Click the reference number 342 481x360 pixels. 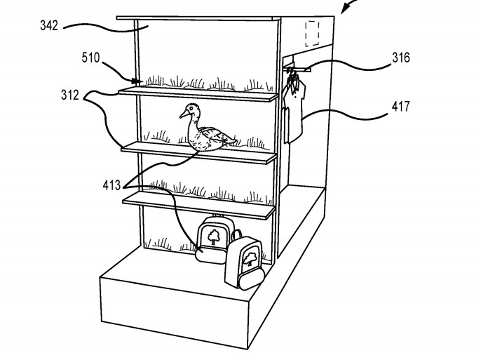[49, 25]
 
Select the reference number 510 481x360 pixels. [91, 58]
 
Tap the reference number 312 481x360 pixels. [70, 95]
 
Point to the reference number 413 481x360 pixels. [111, 185]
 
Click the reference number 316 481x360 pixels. [400, 58]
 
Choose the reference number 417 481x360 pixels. [400, 107]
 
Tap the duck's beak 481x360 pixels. [184, 114]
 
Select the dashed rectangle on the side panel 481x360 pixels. [312, 34]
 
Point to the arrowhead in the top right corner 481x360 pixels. [345, 9]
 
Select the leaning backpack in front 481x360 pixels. [245, 263]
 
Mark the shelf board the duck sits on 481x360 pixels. [199, 153]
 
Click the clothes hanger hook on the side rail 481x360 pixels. [291, 70]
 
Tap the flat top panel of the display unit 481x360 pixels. [198, 19]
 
